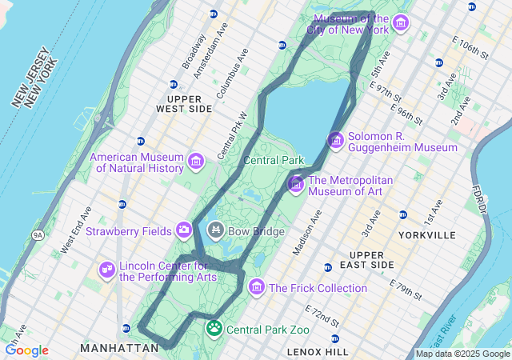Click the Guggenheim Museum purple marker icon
pyautogui.click(x=335, y=141)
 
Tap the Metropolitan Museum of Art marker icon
pyautogui.click(x=295, y=185)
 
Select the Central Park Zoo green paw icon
pyautogui.click(x=214, y=328)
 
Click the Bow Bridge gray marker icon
pyautogui.click(x=215, y=231)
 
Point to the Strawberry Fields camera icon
pyautogui.click(x=184, y=231)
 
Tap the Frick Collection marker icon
pyautogui.click(x=257, y=287)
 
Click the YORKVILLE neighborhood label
pyautogui.click(x=425, y=235)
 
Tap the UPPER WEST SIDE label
pyautogui.click(x=184, y=103)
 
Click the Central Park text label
pyautogui.click(x=274, y=160)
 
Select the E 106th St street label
pyautogui.click(x=470, y=47)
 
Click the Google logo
pyautogui.click(x=26, y=350)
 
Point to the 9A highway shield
pyautogui.click(x=38, y=234)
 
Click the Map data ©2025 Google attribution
pyautogui.click(x=462, y=354)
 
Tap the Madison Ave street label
pyautogui.click(x=306, y=233)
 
